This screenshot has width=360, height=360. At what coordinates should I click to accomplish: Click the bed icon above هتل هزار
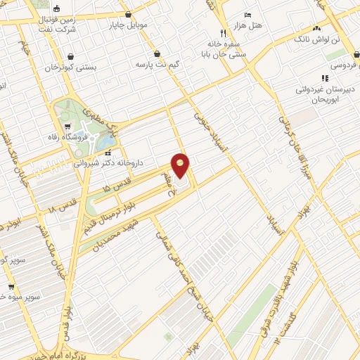247,15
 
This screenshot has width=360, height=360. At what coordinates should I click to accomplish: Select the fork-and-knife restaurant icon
222,32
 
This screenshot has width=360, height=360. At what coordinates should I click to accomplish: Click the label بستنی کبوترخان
69,67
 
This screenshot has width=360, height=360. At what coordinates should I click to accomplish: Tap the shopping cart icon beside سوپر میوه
11,287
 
